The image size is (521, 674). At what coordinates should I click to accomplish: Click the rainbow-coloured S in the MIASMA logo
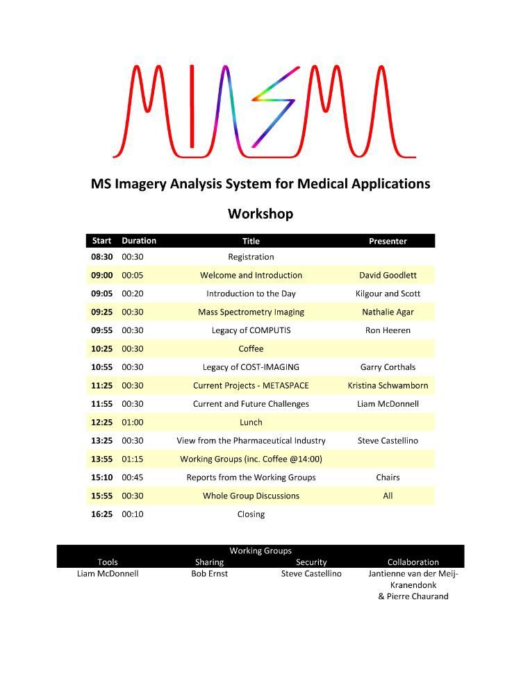(272, 108)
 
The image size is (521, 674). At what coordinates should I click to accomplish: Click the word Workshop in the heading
(260, 214)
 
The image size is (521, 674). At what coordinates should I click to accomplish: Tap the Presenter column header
(388, 241)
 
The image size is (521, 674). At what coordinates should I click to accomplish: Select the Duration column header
(139, 241)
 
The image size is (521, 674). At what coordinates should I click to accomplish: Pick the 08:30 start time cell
(101, 257)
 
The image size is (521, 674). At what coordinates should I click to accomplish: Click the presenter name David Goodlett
(388, 276)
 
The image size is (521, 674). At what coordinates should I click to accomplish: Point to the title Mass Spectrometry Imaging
(251, 312)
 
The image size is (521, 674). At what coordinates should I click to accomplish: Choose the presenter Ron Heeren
(388, 330)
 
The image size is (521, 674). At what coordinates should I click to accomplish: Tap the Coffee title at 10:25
(251, 349)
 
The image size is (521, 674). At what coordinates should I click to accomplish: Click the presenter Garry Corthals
(388, 367)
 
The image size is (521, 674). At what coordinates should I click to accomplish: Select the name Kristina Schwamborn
(388, 385)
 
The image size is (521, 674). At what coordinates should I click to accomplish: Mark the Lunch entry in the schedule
(251, 422)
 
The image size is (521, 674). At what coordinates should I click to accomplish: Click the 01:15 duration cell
(133, 459)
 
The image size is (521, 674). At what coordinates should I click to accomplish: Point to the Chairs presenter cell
(388, 478)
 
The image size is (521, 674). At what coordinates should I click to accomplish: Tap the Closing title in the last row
(251, 514)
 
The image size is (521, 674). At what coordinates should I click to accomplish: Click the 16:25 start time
(101, 514)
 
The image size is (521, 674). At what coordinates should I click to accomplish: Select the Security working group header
(311, 562)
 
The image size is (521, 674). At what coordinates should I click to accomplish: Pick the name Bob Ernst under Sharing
(209, 574)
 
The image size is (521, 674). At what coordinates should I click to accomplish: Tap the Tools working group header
(108, 562)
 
